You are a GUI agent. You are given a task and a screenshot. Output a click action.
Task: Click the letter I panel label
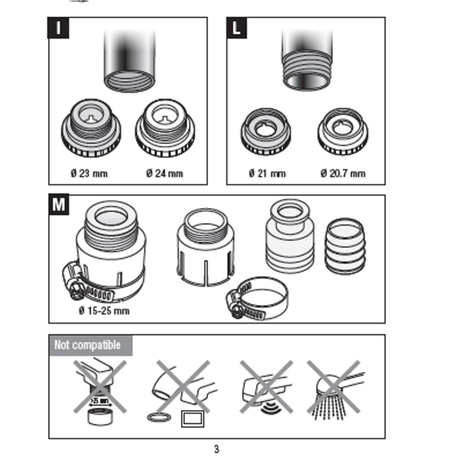(59, 28)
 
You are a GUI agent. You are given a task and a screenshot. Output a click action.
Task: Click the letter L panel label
(236, 28)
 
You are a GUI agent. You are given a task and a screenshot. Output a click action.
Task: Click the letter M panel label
(59, 205)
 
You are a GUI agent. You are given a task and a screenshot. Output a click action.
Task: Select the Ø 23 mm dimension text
(89, 173)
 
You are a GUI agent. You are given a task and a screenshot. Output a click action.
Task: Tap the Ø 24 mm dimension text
(164, 173)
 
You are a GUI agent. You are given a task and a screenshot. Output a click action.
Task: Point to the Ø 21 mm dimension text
(267, 173)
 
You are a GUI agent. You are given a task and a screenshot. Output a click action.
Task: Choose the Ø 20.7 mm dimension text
(342, 173)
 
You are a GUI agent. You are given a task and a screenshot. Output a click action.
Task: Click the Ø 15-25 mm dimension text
(104, 310)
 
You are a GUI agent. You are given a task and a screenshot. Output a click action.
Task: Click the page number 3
(217, 449)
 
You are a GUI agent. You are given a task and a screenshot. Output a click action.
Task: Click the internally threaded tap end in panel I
(129, 63)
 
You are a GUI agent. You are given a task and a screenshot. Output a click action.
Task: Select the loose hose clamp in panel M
(258, 298)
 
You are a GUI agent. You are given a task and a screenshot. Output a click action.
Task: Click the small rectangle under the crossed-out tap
(192, 419)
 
